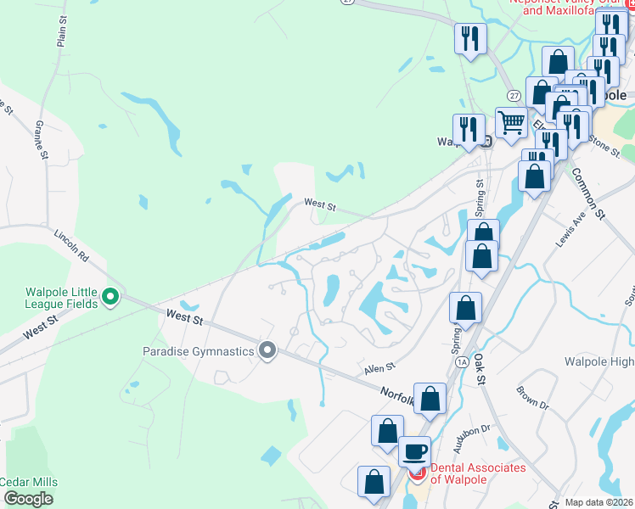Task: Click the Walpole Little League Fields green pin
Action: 110,298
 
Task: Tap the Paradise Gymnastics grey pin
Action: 268,350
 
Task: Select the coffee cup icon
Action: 414,450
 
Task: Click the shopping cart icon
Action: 510,122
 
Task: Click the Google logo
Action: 28,499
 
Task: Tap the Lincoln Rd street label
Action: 71,244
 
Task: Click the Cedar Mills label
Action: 27,482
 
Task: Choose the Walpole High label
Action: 599,362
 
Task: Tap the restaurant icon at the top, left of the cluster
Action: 469,38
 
